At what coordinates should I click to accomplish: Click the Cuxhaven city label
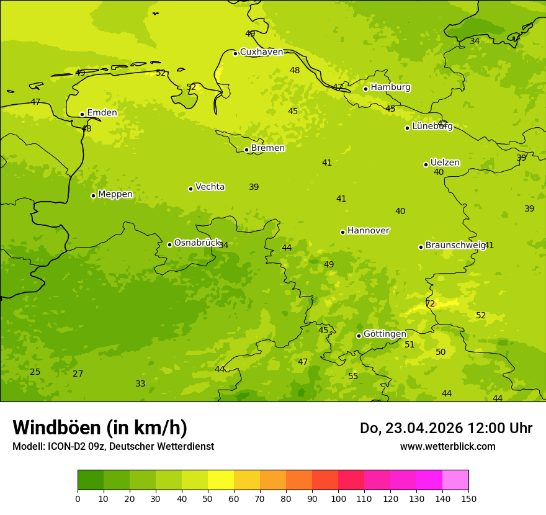click(261, 52)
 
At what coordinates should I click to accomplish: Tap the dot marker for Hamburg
click(366, 89)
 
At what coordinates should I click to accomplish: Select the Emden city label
click(102, 113)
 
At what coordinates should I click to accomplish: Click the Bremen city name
click(267, 148)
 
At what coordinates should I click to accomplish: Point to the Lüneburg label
click(432, 127)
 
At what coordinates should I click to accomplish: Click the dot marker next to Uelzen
click(426, 164)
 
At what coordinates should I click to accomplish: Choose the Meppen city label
click(115, 194)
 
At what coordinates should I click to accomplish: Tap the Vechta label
click(210, 187)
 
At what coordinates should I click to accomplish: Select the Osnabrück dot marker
click(169, 244)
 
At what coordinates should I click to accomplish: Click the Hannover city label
click(368, 231)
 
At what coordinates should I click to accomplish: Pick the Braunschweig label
click(455, 246)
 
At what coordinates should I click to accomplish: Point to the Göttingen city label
click(385, 334)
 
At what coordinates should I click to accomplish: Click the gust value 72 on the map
click(430, 304)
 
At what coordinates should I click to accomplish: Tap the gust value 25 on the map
click(35, 372)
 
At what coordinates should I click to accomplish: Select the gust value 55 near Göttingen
click(353, 377)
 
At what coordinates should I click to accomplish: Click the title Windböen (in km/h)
click(100, 428)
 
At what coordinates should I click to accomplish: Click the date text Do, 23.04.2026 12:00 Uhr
click(445, 428)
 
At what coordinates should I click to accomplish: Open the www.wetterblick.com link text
click(447, 447)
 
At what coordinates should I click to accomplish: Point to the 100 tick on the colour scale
click(338, 498)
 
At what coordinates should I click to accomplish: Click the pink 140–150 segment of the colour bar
click(455, 480)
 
